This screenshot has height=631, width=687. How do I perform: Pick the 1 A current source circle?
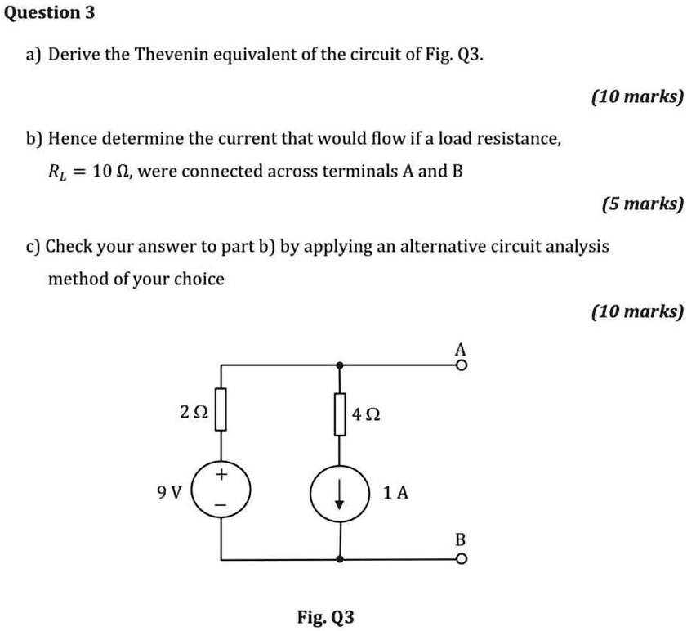339,492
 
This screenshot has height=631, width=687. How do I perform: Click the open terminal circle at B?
462,560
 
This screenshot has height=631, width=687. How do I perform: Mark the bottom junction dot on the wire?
339,560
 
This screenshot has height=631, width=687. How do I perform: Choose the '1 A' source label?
395,493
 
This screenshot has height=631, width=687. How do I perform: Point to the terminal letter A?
461,349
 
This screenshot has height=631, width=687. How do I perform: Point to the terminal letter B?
460,540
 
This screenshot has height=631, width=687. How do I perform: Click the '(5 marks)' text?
642,204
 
